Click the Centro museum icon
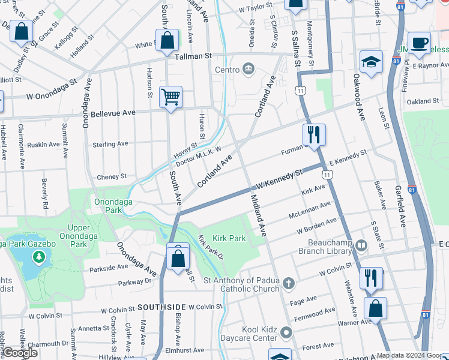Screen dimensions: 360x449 (247, 70)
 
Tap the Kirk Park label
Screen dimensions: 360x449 (229, 238)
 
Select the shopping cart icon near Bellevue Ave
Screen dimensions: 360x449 (170, 96)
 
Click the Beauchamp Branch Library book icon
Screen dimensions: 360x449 (361, 245)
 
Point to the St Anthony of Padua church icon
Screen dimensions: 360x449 (289, 283)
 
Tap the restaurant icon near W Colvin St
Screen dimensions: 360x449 (372, 278)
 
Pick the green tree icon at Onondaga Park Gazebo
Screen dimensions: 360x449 (40, 257)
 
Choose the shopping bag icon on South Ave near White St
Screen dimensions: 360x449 (169, 40)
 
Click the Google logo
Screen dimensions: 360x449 (20, 353)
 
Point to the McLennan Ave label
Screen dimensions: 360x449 (310, 209)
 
